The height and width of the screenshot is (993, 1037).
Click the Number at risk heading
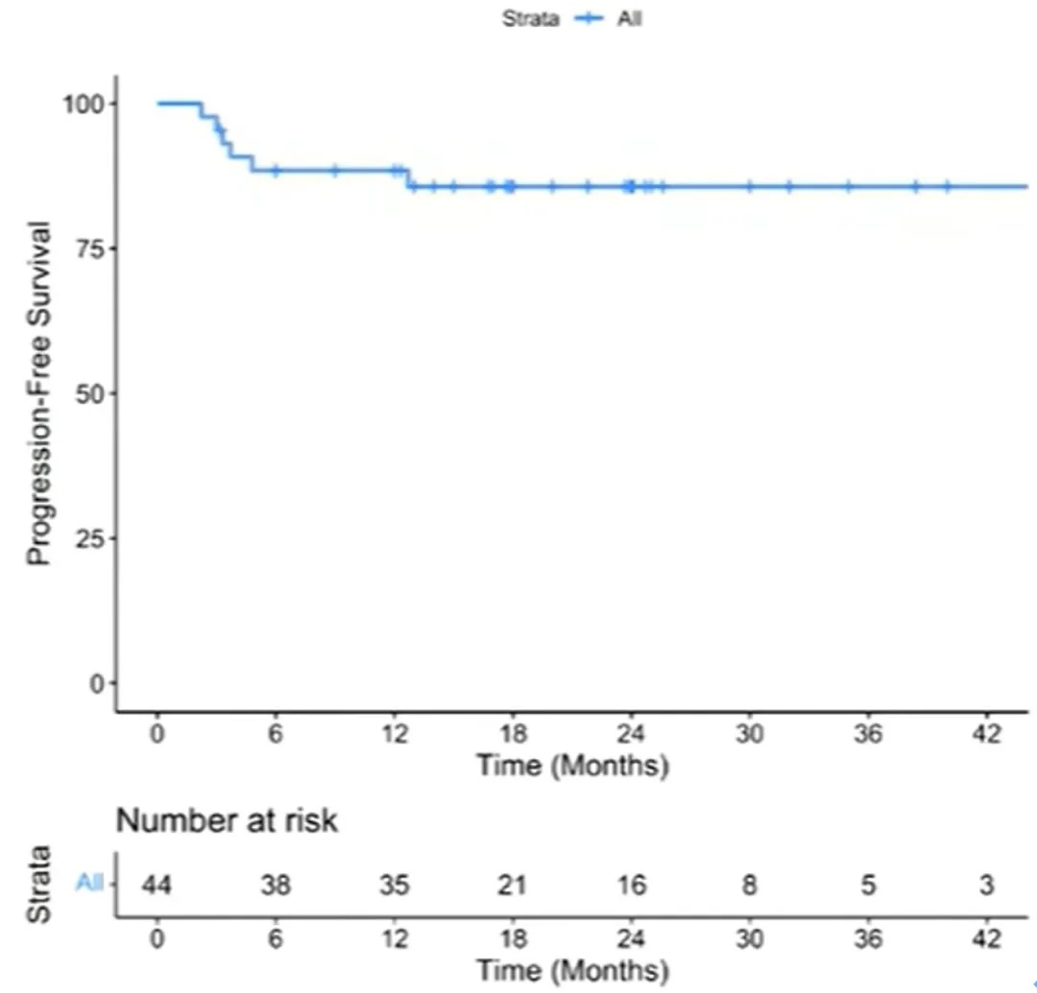[x=228, y=821]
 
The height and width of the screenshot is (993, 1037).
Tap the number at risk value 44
[x=157, y=885]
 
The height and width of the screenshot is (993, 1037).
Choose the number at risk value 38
[x=276, y=885]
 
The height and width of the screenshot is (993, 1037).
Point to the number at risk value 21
[x=512, y=885]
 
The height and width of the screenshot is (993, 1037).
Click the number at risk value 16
[x=631, y=885]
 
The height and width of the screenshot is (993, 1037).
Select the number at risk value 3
[x=986, y=885]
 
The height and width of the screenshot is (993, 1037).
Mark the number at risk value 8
[x=749, y=885]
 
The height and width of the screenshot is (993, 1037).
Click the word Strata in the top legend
[x=530, y=18]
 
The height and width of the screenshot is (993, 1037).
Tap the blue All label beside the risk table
[x=89, y=884]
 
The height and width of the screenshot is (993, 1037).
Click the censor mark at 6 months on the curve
[x=276, y=171]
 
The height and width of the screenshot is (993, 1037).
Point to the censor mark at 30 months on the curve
[x=749, y=185]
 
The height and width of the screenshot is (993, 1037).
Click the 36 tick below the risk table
[x=868, y=938]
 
